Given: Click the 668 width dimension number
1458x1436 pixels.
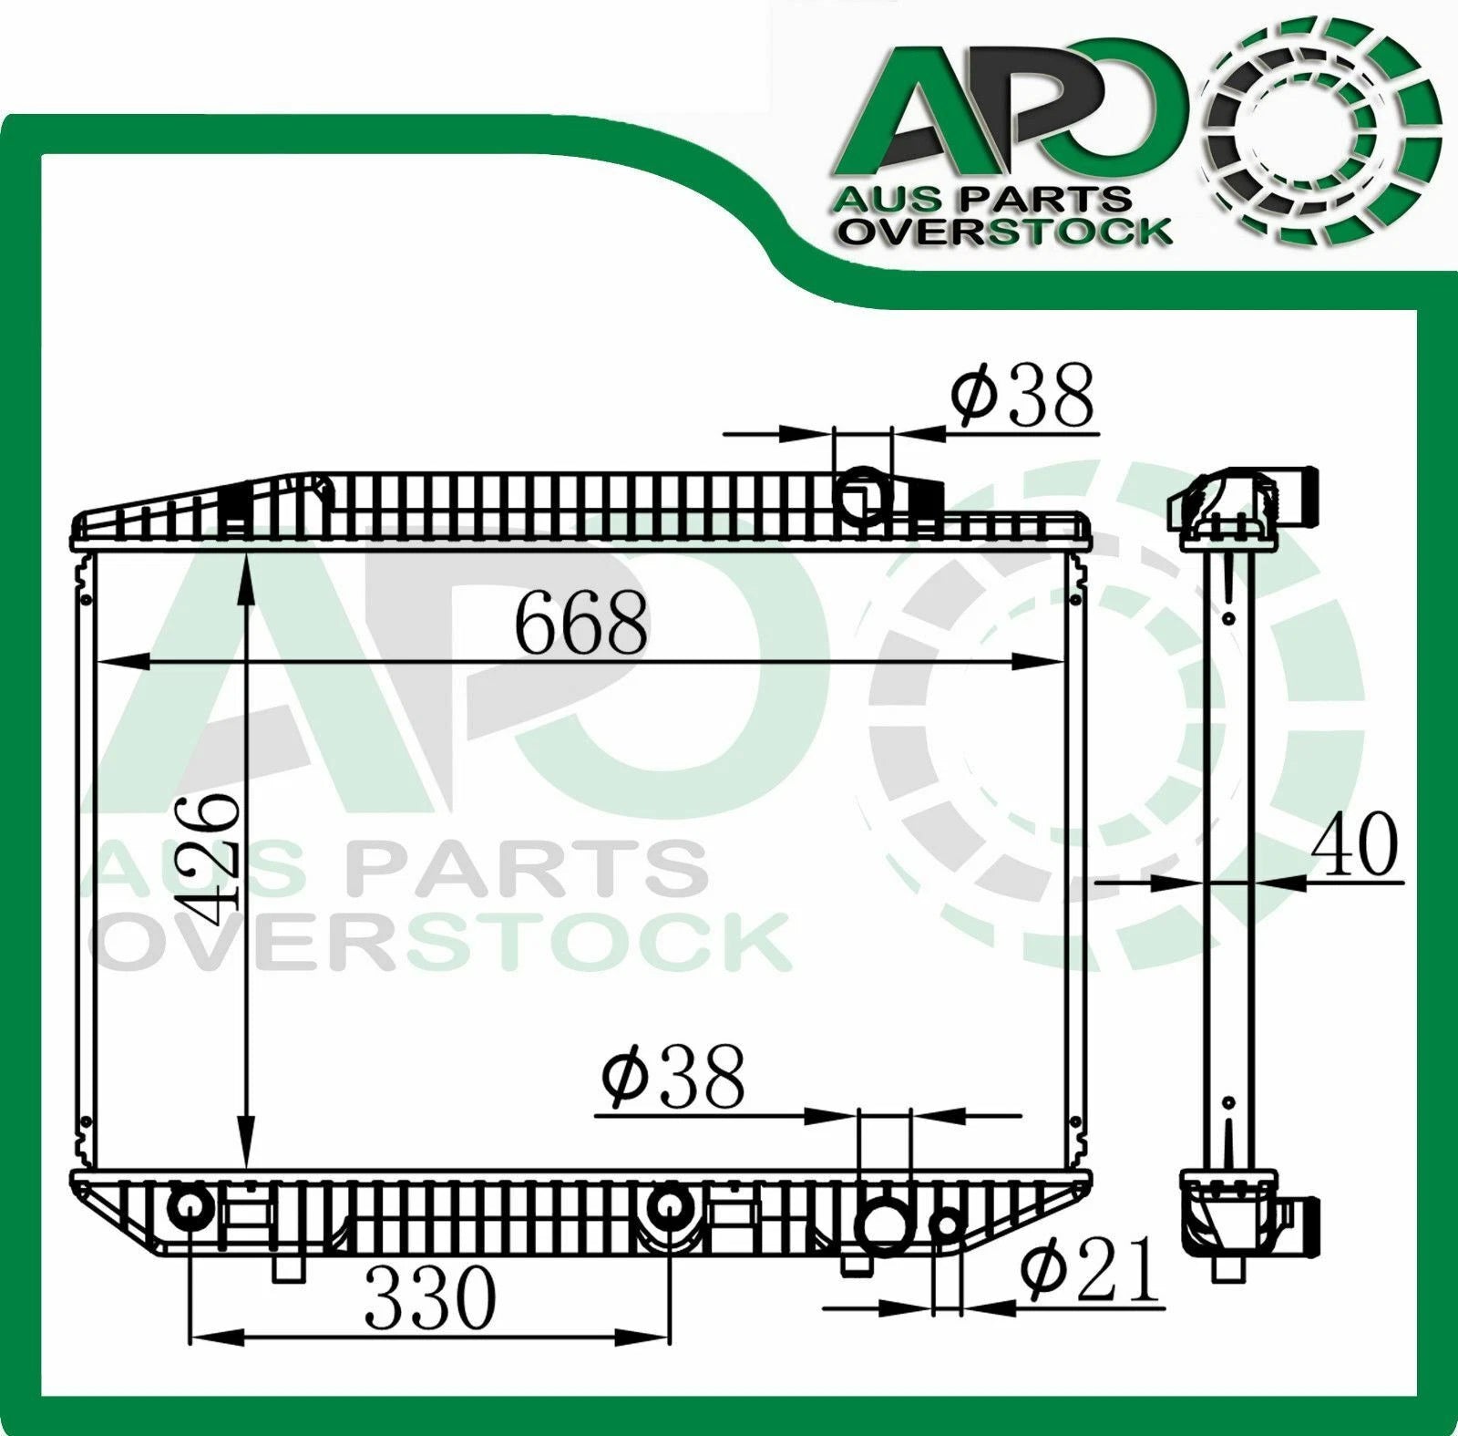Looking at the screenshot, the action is pos(581,623).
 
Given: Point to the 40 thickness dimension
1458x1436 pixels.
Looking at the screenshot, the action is pos(1352,844).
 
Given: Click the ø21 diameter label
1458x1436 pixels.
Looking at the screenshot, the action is pos(1090,1274).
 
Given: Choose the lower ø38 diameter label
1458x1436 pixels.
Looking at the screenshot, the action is pos(673,1077).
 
